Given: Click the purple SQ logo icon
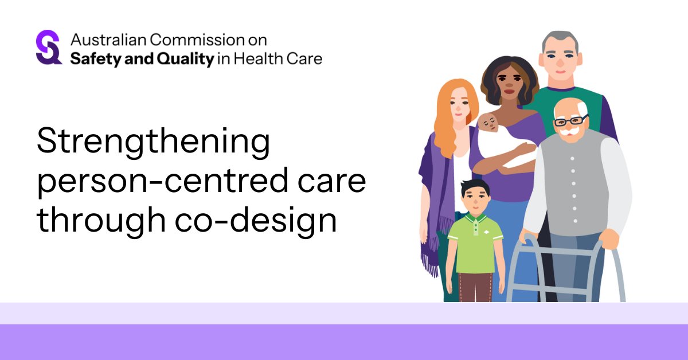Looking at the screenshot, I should tap(49, 48).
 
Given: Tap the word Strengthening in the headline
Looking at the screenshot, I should tap(153, 143).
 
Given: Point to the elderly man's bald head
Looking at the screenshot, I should tap(568, 107).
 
